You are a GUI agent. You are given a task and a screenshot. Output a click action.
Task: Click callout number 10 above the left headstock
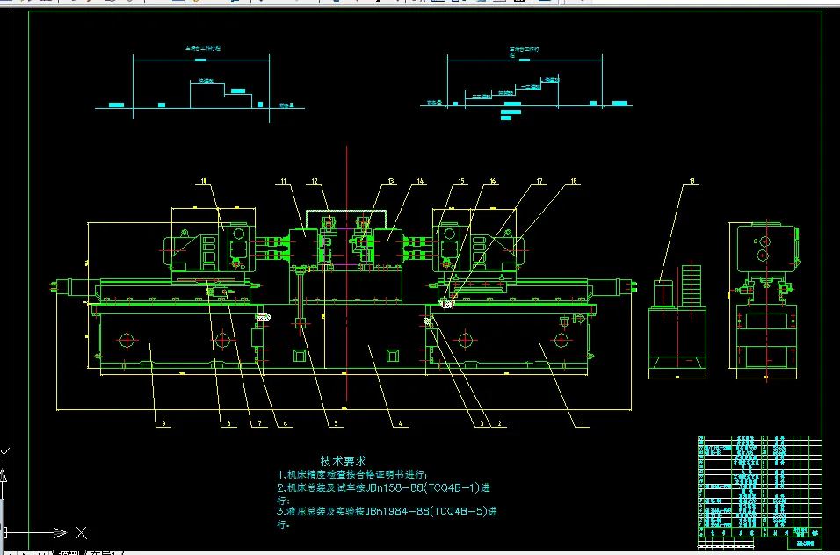coord(204,182)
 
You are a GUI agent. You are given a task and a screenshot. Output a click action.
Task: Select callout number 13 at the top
coord(390,182)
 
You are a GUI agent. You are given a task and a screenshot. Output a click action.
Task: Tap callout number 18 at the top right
coord(575,182)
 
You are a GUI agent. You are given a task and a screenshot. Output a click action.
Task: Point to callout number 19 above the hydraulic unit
coord(692,182)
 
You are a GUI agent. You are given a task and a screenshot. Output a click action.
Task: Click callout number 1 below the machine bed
coord(581,423)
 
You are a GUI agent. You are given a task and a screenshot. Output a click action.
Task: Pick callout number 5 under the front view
coord(333,423)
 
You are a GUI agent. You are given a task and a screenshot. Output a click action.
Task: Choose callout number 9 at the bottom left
coord(163,423)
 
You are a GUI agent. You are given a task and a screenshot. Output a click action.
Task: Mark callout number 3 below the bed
coord(482,423)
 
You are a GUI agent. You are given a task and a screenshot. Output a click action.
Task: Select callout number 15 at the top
coord(460,182)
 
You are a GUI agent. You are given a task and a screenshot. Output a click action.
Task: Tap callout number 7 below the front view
coord(260,423)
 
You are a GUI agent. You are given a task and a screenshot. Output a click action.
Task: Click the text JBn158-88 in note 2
coord(389,487)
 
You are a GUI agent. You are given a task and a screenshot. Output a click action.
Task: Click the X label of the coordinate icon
coord(81,532)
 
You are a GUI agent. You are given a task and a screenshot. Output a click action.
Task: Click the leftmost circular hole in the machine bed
coord(127,339)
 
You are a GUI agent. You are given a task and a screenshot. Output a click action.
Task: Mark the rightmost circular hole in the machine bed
coord(561,339)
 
